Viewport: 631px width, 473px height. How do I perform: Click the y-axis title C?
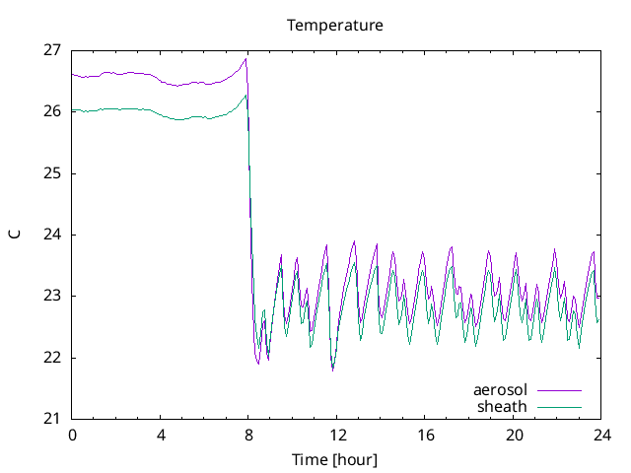click(x=15, y=235)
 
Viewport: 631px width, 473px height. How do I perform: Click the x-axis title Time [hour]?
click(x=334, y=459)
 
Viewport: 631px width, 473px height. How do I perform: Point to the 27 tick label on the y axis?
click(x=52, y=50)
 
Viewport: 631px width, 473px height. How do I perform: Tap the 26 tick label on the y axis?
click(x=52, y=111)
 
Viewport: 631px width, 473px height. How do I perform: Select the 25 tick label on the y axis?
click(x=52, y=173)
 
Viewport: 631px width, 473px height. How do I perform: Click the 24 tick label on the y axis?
click(x=52, y=235)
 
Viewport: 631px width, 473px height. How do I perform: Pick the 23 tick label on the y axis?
click(x=52, y=296)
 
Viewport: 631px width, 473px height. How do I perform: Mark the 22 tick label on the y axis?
click(x=52, y=358)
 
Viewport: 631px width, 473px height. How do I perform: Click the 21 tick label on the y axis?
click(x=52, y=419)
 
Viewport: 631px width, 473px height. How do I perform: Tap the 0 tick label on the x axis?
click(x=72, y=435)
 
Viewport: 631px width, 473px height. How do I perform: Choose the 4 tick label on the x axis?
click(x=161, y=435)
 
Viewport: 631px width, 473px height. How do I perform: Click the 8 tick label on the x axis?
click(x=248, y=435)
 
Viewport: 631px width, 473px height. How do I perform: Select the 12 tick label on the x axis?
click(x=337, y=435)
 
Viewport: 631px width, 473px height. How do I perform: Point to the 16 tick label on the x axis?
click(x=425, y=435)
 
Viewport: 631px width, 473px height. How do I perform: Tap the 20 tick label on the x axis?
click(x=514, y=435)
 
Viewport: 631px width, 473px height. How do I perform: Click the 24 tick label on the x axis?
click(x=601, y=435)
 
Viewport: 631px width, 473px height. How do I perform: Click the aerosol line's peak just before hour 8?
click(x=245, y=59)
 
